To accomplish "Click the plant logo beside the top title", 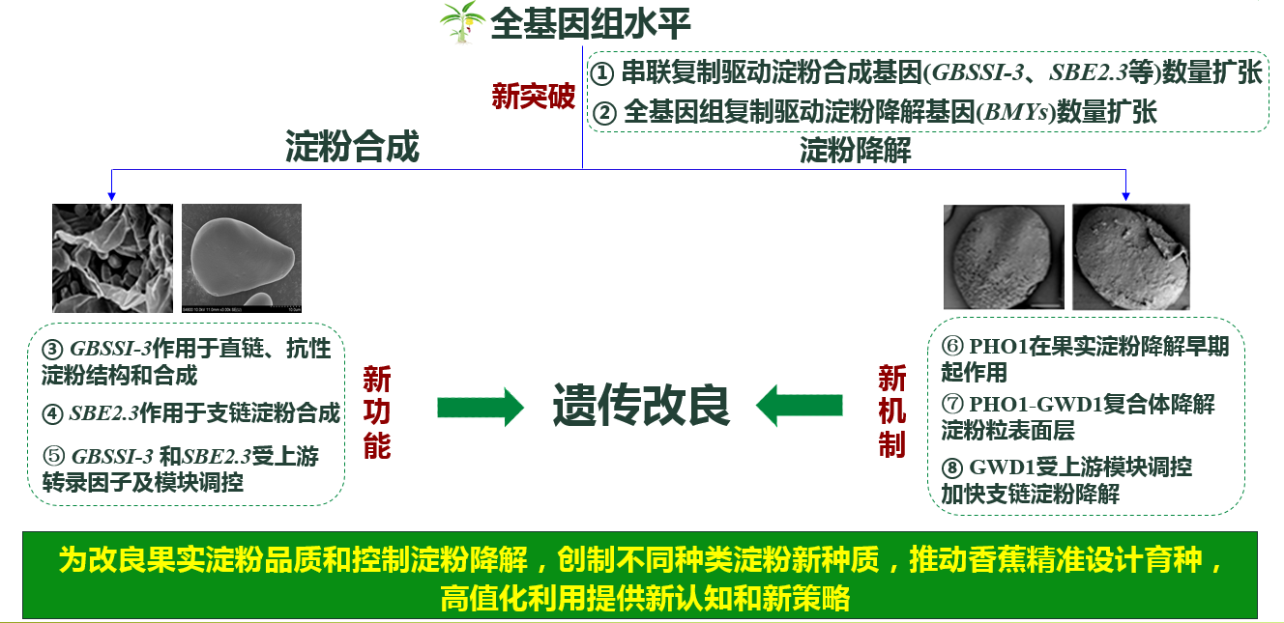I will click(x=461, y=22).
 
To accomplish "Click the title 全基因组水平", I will click(x=591, y=23).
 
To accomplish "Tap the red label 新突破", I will click(x=534, y=96).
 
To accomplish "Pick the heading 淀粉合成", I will click(x=352, y=148).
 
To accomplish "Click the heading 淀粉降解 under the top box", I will click(x=856, y=151).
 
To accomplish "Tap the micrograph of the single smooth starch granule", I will click(x=242, y=258).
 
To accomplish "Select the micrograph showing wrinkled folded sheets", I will click(x=112, y=258).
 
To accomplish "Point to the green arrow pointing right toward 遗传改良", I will click(x=480, y=408).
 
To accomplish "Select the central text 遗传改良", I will click(x=641, y=406).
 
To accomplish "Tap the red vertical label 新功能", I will click(x=377, y=412).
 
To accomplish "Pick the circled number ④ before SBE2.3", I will click(x=53, y=414).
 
